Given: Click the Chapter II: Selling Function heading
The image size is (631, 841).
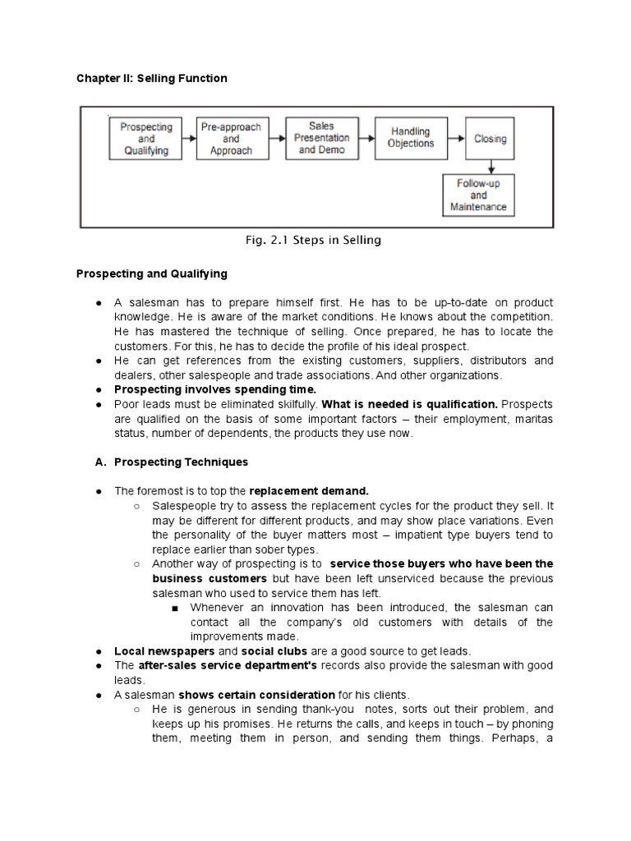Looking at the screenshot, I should (x=151, y=78).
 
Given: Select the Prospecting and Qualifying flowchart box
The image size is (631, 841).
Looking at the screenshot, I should (x=146, y=139).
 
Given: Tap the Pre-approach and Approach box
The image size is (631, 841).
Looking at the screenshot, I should (x=231, y=139).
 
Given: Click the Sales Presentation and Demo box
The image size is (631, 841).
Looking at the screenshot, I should (x=321, y=139).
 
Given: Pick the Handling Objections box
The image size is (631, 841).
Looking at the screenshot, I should (x=411, y=138).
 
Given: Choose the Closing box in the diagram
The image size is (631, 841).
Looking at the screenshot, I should (x=491, y=139).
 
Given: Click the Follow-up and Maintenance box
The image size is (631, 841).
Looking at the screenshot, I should (x=479, y=195).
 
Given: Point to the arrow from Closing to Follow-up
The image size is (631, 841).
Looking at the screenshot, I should (x=491, y=165).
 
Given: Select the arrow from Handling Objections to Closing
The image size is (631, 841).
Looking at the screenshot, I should (x=455, y=139).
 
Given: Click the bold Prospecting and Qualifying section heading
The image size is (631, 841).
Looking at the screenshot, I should (x=152, y=273).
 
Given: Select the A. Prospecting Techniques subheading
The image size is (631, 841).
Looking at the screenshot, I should (x=172, y=462).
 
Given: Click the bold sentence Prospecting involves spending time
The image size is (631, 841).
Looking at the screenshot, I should (x=214, y=388).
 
